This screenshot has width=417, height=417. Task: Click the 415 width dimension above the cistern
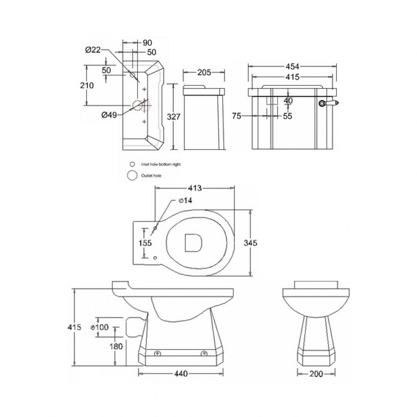[x=292, y=77]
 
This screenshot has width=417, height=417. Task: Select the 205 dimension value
[x=203, y=72]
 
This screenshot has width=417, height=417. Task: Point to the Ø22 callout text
[x=93, y=49]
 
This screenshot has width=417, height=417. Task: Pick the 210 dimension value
[x=87, y=85]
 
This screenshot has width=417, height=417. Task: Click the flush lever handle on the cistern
[x=330, y=103]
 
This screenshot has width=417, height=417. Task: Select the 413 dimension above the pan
[x=195, y=188]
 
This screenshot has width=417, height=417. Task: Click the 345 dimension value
[x=251, y=242]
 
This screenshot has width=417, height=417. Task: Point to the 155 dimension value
[x=145, y=243]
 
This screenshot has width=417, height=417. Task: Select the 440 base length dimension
[x=181, y=373]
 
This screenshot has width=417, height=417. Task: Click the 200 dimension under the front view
[x=316, y=373]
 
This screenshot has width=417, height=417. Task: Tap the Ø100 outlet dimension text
[x=99, y=327]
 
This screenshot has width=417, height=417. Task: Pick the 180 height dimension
[x=116, y=346]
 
